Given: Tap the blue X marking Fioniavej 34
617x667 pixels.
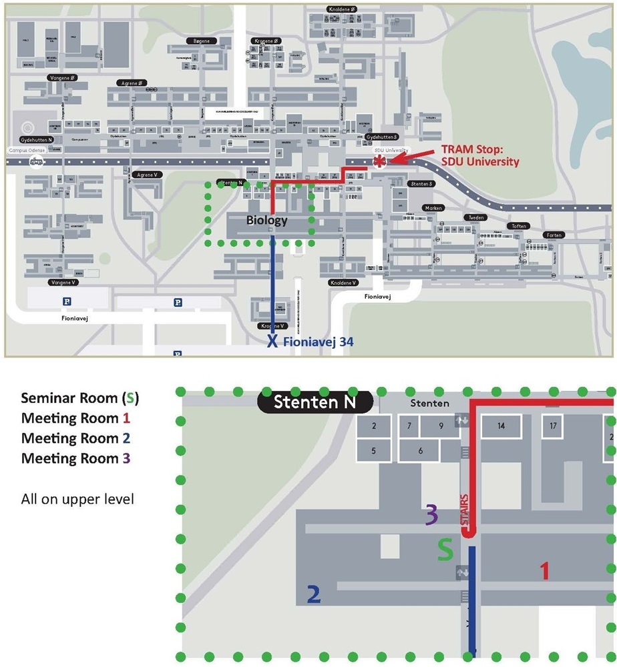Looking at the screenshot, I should (272, 342).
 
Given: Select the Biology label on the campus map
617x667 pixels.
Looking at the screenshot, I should (266, 221).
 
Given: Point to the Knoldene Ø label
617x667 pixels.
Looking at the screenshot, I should (343, 9).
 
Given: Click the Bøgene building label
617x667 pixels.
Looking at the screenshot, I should (201, 41).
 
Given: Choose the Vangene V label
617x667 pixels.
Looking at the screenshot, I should (64, 282).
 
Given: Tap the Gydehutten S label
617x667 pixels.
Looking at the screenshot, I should (382, 137).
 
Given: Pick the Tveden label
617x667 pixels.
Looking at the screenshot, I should (476, 217).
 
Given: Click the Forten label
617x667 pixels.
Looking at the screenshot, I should (554, 235).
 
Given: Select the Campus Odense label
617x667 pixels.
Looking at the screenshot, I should (27, 151).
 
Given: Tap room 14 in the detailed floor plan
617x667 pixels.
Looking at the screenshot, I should (501, 426).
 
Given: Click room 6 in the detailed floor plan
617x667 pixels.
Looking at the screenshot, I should (420, 451).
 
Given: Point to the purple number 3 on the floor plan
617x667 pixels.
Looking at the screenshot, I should (431, 515).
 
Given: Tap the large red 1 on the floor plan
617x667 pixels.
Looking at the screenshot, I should (544, 571).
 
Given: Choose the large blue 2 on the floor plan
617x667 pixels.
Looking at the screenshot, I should (314, 594).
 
